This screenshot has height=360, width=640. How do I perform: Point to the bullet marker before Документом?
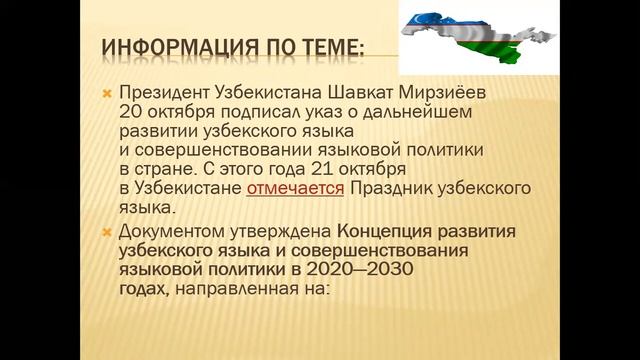(x=106, y=231)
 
